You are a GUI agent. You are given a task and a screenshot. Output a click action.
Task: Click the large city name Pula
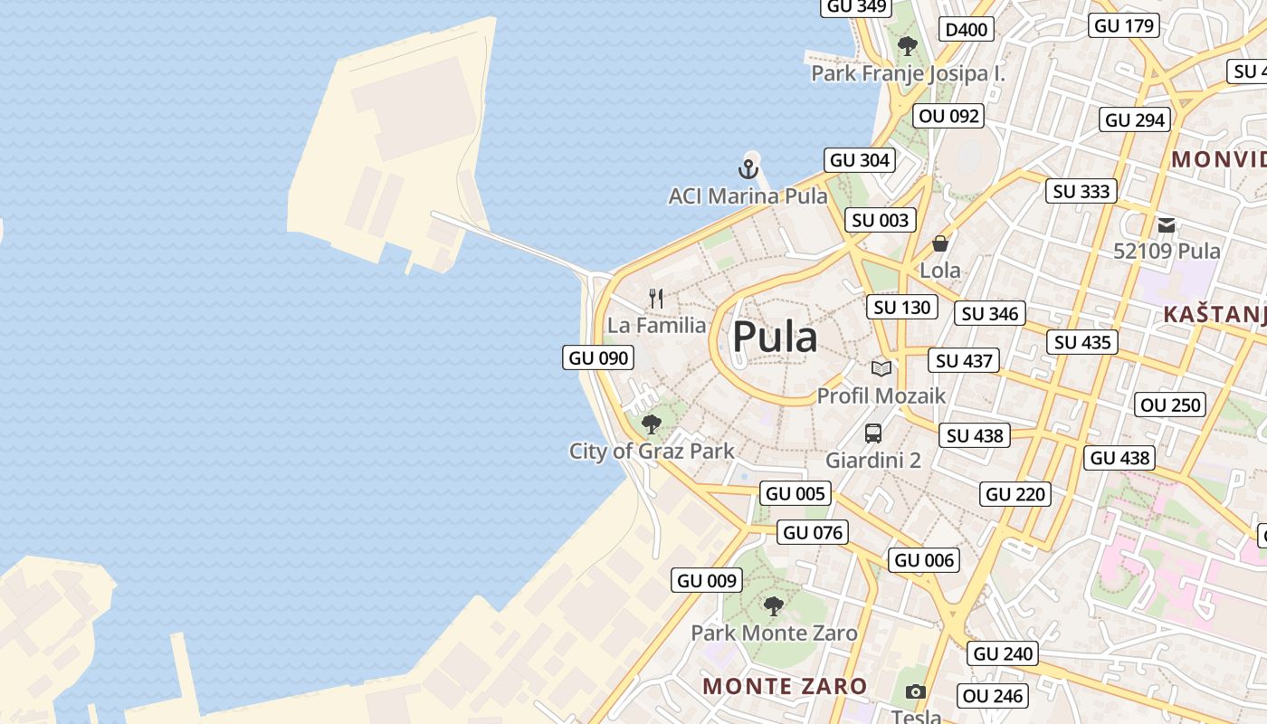tap(775, 338)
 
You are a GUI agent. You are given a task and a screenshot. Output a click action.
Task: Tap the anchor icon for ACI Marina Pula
tap(748, 169)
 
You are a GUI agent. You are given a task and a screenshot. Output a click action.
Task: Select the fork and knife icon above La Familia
tap(657, 298)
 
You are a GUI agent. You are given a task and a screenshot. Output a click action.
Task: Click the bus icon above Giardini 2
tap(872, 433)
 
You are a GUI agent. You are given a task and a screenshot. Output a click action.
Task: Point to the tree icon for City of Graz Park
tap(651, 424)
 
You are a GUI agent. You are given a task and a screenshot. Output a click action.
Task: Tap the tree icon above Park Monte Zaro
tap(773, 605)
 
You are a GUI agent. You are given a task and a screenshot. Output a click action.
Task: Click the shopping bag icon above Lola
tap(940, 243)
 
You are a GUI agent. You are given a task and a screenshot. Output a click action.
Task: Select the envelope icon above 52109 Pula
tap(1167, 224)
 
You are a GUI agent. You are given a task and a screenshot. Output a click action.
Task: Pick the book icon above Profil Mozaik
tap(881, 368)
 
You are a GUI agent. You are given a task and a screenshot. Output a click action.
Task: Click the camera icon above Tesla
tap(916, 692)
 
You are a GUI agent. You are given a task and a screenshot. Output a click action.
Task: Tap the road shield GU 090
tap(598, 357)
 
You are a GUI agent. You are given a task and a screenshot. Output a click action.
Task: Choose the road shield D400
tap(966, 30)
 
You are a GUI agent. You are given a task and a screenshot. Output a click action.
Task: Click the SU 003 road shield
tap(880, 220)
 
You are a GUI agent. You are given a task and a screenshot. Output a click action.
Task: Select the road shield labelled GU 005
tap(795, 493)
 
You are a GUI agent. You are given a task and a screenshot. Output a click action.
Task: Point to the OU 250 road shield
tap(1171, 405)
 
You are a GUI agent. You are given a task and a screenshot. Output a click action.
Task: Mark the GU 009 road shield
tap(708, 580)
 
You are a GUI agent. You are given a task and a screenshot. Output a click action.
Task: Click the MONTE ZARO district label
tap(785, 686)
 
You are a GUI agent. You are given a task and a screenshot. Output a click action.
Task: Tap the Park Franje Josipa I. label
tap(908, 73)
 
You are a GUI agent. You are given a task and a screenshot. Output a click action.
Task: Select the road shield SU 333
tap(1081, 191)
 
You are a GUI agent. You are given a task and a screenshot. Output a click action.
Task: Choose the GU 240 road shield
tap(1003, 653)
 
